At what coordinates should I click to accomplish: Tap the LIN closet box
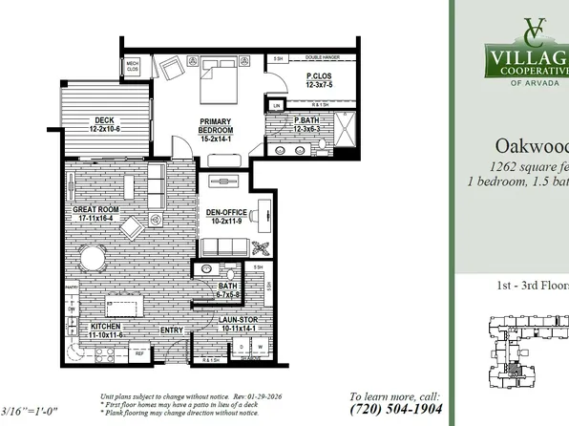click(x=277, y=106)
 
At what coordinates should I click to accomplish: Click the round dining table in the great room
click(x=93, y=258)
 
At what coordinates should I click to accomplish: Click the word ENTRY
click(x=172, y=330)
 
